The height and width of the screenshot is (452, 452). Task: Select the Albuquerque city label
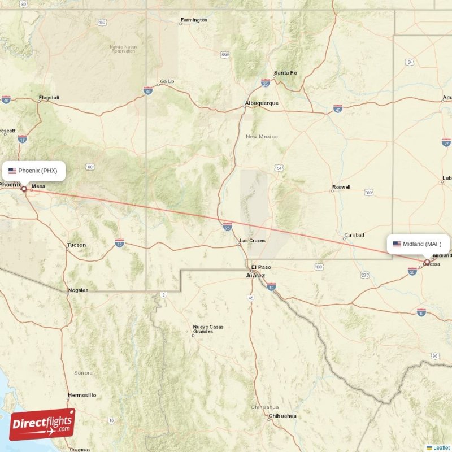pos(262,103)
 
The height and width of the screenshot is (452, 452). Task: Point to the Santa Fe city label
pos(285,73)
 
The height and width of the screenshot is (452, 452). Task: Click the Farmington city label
pos(194,20)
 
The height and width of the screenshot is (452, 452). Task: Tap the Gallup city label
pos(167,81)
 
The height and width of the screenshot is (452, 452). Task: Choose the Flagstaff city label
pos(49,98)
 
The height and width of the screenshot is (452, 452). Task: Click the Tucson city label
pos(76,245)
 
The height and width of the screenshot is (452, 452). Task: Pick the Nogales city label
pos(78,290)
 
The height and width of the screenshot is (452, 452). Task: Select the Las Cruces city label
pos(252,241)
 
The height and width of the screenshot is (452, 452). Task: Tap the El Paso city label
pos(261,267)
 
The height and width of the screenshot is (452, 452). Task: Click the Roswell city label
pos(341,187)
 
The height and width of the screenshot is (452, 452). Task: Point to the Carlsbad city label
pos(354,235)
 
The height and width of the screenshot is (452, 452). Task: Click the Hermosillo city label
pos(82,395)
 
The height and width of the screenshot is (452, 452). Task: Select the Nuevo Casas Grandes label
pos(208,329)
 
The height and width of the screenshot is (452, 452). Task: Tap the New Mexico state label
pos(262,137)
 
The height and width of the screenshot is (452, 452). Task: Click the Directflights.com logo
pos(42,424)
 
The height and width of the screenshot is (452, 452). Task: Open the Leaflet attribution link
pos(441,447)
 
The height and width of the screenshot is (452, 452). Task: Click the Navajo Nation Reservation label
pos(124,49)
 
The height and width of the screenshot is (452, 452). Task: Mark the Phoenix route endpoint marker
pos(24,189)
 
